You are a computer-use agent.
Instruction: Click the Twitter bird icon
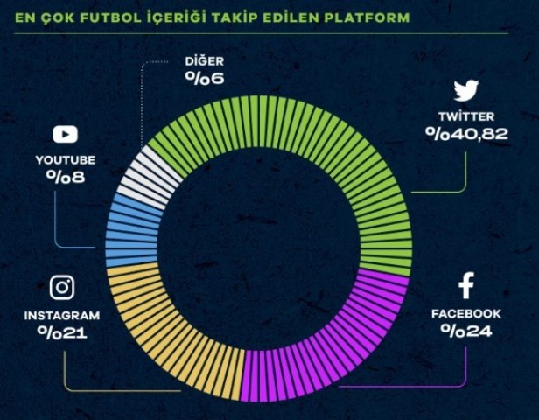(465, 91)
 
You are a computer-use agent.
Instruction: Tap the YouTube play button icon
(65, 135)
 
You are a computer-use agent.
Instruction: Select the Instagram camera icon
(62, 288)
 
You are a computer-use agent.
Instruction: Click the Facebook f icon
(465, 285)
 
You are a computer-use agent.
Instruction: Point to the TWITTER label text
(466, 116)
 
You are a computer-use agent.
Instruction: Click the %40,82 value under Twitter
(466, 134)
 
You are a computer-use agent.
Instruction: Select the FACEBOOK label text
(465, 313)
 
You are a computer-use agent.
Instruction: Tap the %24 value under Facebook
(465, 331)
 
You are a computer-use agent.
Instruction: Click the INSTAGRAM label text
(62, 315)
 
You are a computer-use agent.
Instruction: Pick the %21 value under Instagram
(61, 332)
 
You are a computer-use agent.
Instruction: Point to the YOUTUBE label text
(66, 160)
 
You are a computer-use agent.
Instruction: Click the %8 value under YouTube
(66, 178)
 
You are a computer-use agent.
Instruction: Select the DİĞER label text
(205, 61)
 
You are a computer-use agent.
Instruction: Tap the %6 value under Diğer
(205, 78)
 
